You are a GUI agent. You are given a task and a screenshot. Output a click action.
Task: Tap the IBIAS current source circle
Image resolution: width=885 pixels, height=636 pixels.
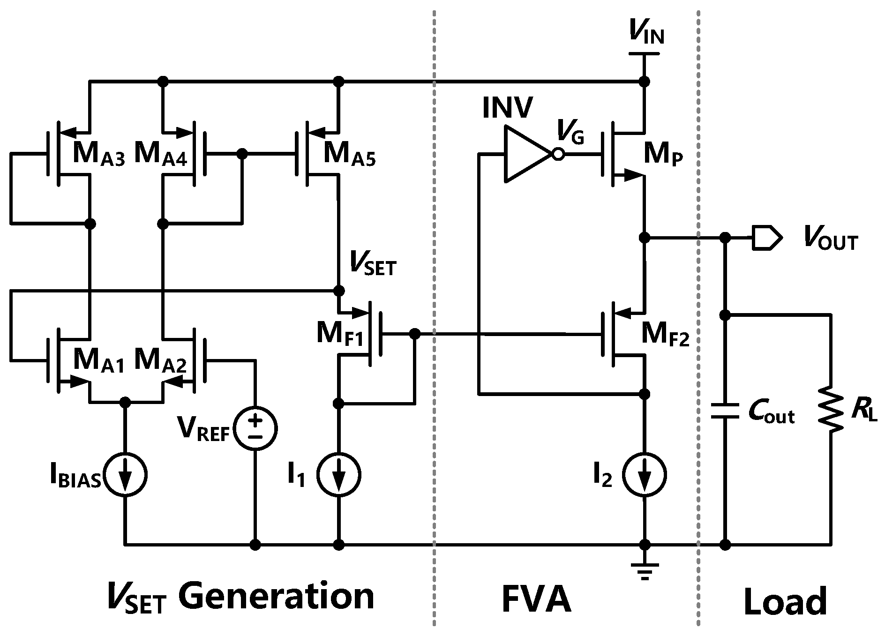click(125, 474)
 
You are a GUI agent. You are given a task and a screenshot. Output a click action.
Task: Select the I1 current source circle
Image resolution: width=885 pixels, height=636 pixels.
click(338, 474)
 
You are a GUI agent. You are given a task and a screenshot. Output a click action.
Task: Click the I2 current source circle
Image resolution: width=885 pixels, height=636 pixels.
click(645, 474)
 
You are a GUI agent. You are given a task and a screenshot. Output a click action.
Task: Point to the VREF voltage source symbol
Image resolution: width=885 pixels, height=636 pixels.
click(255, 428)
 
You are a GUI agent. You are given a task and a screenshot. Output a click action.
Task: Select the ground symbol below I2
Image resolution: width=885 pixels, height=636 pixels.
click(645, 571)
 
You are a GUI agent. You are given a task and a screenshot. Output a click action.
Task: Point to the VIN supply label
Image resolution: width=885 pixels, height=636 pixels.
click(646, 34)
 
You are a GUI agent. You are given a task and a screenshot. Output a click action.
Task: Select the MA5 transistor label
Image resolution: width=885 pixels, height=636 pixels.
click(349, 154)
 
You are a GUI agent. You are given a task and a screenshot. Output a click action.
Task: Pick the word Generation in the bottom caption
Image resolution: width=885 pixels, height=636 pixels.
click(276, 597)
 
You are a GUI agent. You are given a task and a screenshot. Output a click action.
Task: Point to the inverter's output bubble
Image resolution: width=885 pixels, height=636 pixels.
click(558, 154)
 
